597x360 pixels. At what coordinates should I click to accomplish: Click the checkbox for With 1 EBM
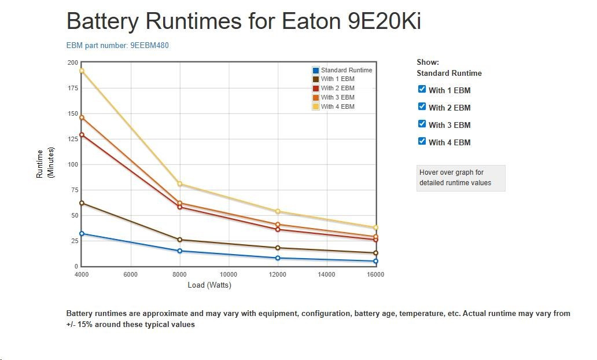pos(422,89)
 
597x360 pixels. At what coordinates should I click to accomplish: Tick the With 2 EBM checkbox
pos(422,106)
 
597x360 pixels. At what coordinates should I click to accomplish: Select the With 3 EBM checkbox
pos(422,124)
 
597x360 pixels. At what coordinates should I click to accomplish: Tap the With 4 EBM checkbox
pos(422,141)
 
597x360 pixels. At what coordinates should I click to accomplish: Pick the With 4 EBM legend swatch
pos(316,106)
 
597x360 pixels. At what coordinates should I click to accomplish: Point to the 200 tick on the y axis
pos(73,63)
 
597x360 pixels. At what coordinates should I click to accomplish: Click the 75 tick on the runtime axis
pos(73,190)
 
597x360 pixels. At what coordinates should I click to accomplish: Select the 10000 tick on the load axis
pos(229,274)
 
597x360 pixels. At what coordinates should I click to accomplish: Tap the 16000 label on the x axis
pos(375,274)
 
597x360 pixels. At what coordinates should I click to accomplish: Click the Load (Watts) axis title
pos(209,285)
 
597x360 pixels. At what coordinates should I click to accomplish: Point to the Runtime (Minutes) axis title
pos(44,164)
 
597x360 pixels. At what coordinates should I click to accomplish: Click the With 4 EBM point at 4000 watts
pos(82,71)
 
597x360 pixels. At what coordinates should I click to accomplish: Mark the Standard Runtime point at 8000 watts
pos(180,251)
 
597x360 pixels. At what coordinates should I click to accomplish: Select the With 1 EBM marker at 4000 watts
pos(82,203)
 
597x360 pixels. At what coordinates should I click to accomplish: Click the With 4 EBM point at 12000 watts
pos(278,211)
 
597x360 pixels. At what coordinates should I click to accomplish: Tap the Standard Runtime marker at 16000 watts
pos(375,261)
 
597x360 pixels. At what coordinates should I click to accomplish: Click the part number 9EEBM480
pos(149,45)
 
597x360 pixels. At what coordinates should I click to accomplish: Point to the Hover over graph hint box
pos(460,178)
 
